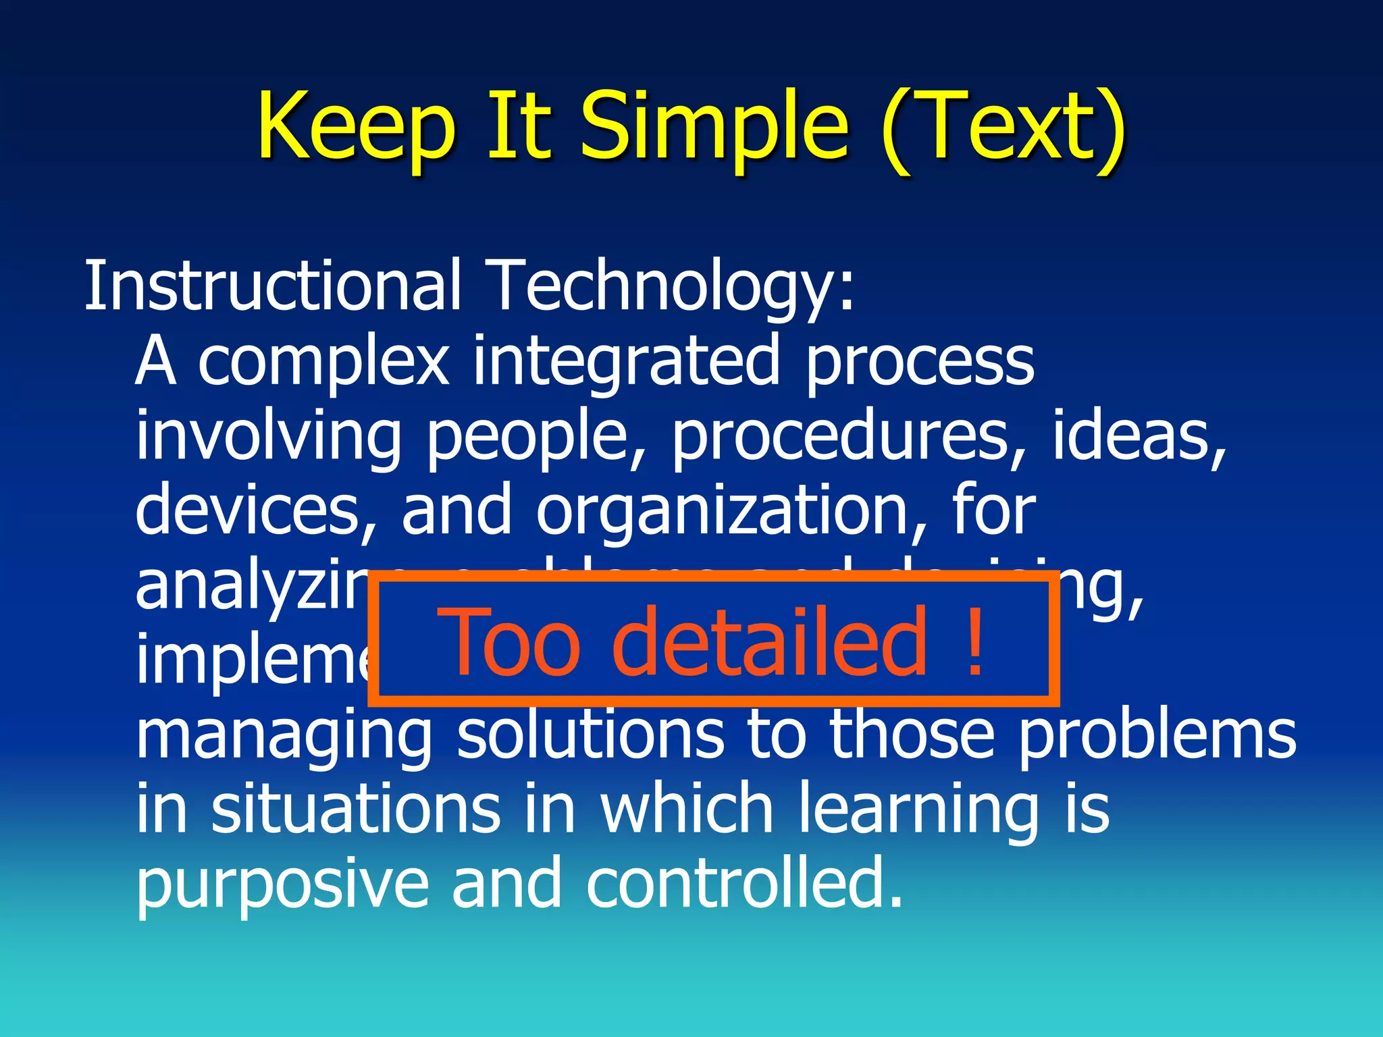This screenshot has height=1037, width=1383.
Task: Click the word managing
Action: [284, 736]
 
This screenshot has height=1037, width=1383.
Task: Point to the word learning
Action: [919, 810]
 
